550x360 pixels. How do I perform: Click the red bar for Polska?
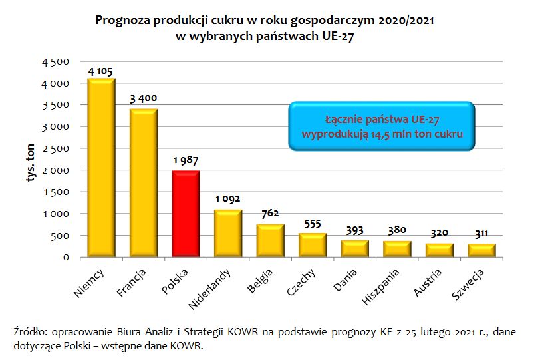tap(186, 214)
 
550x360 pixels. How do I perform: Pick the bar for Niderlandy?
tap(228, 234)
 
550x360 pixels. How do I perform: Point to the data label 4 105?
tap(102, 71)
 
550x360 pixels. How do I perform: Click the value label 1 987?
tap(186, 162)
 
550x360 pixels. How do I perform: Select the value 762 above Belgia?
tap(270, 214)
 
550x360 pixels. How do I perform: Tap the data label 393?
tap(354, 231)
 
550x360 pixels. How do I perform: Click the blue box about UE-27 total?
tap(382, 126)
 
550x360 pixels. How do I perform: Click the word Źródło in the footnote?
tap(30, 331)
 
